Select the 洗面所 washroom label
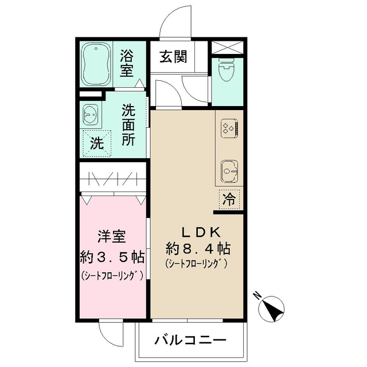coord(128,125)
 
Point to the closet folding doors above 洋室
coord(112,179)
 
